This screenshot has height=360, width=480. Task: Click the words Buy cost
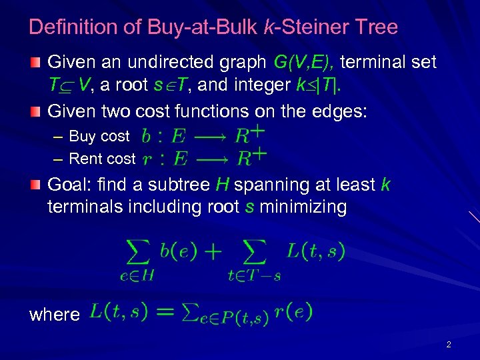coord(99,136)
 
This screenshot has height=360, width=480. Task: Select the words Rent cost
coord(102,159)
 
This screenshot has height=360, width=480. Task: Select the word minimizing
coord(303,207)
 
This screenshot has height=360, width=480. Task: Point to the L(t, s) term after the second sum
coord(315,251)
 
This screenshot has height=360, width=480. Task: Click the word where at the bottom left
coord(55,314)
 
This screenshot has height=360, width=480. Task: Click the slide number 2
coord(448,345)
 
